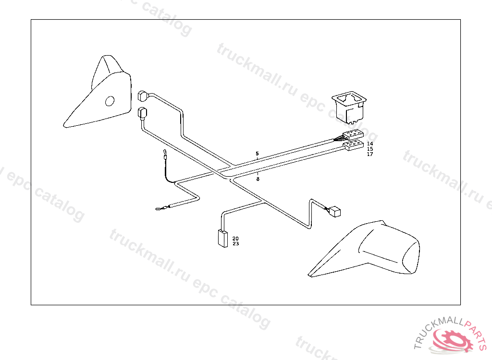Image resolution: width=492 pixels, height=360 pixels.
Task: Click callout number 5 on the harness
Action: (257, 154)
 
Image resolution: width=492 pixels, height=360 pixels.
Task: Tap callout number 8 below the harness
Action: (258, 179)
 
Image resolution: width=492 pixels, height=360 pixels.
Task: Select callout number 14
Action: (369, 144)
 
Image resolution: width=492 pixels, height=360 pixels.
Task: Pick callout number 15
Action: (369, 149)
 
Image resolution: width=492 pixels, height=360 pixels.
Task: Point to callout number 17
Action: (369, 155)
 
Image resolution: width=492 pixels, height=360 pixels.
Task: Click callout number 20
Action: (235, 239)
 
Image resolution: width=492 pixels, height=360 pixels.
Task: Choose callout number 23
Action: (235, 244)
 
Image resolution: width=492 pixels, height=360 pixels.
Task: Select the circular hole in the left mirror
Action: (110, 101)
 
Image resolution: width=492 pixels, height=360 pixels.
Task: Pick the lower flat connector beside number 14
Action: (353, 145)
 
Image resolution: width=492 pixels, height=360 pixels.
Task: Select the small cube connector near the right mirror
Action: (334, 211)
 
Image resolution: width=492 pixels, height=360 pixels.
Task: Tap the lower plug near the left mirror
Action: (143, 114)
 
